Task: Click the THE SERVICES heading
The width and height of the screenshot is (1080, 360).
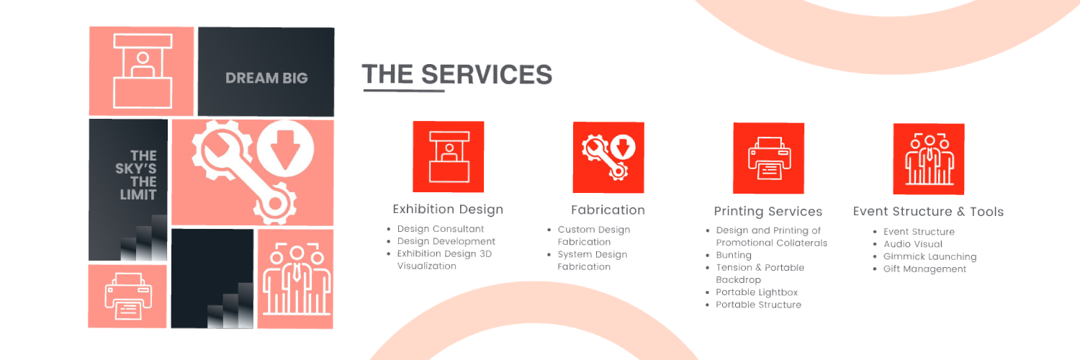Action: tap(456, 74)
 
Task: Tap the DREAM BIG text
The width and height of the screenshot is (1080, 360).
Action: tap(266, 78)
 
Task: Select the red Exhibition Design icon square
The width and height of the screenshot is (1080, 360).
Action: tap(448, 156)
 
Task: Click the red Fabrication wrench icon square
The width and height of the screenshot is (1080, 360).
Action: tap(608, 157)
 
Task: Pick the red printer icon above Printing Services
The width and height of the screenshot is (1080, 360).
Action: tap(768, 158)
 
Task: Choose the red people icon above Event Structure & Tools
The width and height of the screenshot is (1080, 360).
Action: tap(929, 158)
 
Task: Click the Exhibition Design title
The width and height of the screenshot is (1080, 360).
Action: tap(448, 210)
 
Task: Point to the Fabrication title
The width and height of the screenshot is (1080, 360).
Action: tap(608, 210)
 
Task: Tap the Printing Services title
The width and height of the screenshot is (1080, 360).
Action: tap(768, 212)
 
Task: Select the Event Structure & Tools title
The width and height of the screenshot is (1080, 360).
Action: tap(928, 212)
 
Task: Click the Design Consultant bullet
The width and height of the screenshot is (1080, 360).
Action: tap(441, 229)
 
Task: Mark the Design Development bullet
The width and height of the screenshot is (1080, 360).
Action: tap(446, 241)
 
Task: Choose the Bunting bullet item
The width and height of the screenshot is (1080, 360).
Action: tap(734, 255)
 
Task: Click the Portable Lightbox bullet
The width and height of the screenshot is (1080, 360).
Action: tap(757, 292)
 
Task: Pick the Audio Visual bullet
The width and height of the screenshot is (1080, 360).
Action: tap(913, 244)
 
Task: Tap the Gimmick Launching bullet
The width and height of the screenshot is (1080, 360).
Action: tap(930, 256)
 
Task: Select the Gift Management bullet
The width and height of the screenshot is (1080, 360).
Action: tap(924, 269)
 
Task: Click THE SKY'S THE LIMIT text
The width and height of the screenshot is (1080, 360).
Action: tap(136, 175)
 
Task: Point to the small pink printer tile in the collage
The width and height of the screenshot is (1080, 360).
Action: tap(127, 296)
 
